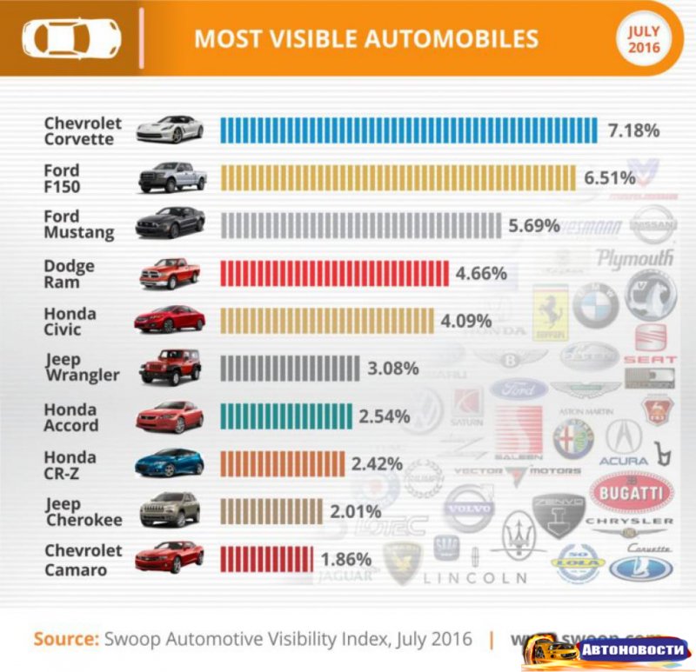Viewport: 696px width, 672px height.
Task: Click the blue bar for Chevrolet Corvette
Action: pos(408,130)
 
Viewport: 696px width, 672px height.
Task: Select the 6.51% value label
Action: pos(610,178)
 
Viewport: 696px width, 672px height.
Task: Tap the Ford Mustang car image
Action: pos(171,223)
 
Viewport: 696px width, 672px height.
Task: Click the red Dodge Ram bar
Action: pos(335,274)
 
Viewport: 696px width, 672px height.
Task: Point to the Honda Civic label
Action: pos(70,321)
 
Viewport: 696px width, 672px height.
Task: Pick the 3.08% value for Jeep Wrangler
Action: pos(393,369)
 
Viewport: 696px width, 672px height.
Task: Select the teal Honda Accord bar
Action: pos(287,416)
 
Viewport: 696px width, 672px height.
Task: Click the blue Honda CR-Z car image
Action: pos(169,463)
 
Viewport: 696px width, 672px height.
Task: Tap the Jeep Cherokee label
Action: pos(83,511)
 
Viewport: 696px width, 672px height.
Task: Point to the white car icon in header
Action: pos(71,37)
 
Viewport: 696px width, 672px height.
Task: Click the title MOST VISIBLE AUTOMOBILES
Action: pos(365,39)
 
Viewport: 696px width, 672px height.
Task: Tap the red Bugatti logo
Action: pos(632,494)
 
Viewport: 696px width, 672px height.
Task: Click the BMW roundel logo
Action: pos(595,305)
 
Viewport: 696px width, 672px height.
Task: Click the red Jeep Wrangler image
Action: pos(170,367)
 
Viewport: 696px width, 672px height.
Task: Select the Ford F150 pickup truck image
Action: pos(172,177)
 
